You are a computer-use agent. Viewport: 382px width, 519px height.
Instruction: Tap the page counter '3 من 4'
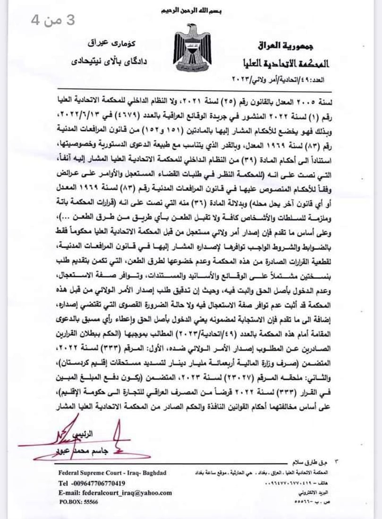coord(52,20)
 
